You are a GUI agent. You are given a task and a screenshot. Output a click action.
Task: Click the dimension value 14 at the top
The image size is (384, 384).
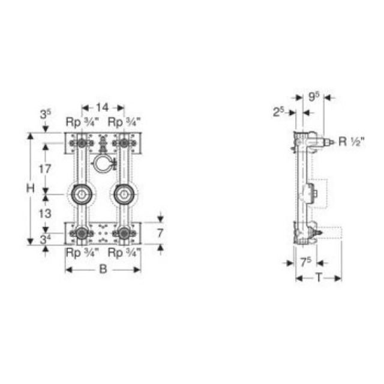point(103,107)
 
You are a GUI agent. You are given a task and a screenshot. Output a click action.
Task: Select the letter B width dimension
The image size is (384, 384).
point(103,269)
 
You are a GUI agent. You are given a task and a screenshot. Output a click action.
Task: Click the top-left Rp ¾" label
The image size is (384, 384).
point(81,122)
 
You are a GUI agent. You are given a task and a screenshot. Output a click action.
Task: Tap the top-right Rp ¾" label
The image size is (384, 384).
point(124,122)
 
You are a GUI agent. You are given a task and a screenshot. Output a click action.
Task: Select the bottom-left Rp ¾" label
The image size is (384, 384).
point(81,253)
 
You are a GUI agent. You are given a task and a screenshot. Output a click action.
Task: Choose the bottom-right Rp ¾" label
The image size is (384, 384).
point(124,253)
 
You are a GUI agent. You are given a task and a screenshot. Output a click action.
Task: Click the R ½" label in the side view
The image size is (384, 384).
point(351,142)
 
